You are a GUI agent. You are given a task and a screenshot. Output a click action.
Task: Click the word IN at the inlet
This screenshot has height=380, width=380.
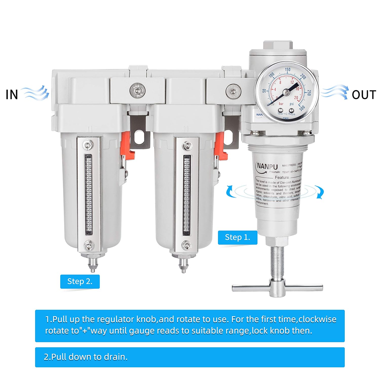click(x=12, y=94)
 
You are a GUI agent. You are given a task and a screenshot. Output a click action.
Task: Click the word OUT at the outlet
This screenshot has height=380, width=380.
click(x=364, y=95)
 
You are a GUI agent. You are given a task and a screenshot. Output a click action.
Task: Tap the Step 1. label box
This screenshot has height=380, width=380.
click(x=237, y=237)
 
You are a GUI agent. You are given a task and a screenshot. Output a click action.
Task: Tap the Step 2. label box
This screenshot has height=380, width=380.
click(x=80, y=281)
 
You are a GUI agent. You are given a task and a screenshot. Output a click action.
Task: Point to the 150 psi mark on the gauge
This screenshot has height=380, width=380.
click(x=288, y=69)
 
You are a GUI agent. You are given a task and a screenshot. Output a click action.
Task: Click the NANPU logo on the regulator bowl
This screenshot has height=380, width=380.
click(x=267, y=166)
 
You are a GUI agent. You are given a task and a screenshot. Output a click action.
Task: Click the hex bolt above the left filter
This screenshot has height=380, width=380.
click(x=138, y=90)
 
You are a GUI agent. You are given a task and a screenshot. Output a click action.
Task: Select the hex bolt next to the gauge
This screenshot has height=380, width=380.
click(x=233, y=90)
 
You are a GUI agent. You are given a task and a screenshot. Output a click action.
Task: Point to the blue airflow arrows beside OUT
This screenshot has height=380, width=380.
click(x=335, y=92)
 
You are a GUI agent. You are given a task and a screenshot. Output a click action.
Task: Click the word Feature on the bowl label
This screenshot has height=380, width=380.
click(x=282, y=177)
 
